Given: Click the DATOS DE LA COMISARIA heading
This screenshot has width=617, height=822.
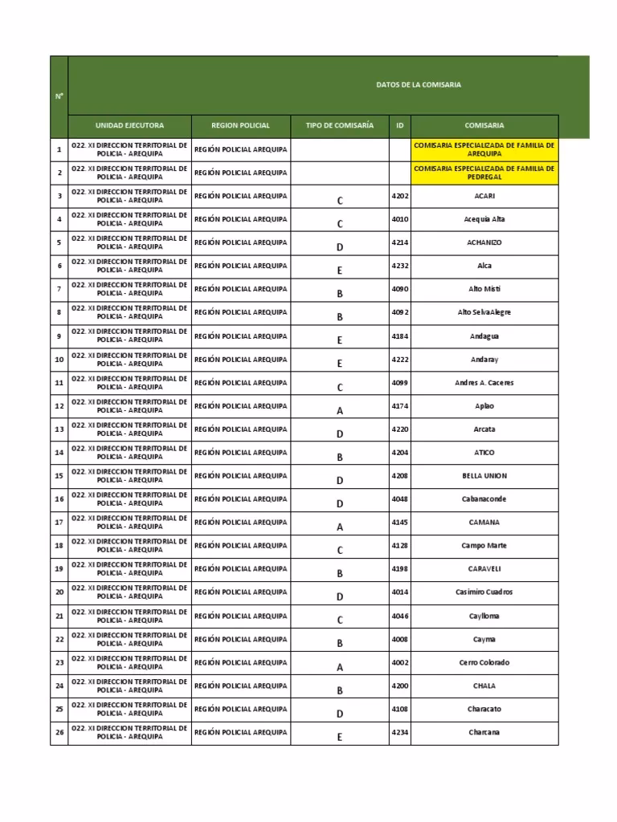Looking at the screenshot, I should [x=419, y=85].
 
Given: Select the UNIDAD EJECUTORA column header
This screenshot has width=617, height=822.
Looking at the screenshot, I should [x=129, y=126].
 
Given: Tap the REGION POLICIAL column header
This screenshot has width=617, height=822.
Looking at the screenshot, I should [x=240, y=126].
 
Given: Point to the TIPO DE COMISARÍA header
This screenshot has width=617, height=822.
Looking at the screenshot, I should [x=340, y=126].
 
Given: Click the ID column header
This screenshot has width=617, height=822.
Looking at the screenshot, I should [x=399, y=126].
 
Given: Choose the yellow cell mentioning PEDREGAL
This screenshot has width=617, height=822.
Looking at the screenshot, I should [x=484, y=173].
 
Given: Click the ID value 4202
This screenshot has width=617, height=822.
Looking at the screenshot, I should [x=399, y=196].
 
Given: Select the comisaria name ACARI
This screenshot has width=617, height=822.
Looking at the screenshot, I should [x=484, y=196].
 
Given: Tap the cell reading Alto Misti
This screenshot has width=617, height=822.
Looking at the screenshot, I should [x=484, y=289].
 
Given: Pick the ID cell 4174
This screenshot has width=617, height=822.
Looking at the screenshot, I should [x=399, y=406].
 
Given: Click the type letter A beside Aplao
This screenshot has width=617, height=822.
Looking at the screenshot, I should [x=340, y=410].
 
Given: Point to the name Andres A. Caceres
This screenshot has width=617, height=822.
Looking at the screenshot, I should [x=484, y=383].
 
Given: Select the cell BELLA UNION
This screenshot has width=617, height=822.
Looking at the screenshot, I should [x=484, y=476].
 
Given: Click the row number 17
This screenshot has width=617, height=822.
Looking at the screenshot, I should [x=59, y=523].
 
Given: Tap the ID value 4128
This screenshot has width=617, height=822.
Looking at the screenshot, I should [x=399, y=546].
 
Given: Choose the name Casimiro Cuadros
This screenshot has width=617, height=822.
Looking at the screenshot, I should [x=484, y=592].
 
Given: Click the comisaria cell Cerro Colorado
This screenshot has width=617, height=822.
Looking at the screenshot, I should [x=484, y=662].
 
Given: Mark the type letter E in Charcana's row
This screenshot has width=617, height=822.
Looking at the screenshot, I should [x=340, y=736].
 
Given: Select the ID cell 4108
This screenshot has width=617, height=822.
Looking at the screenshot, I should [x=399, y=709].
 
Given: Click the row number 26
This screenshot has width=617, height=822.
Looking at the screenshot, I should [x=59, y=732].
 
